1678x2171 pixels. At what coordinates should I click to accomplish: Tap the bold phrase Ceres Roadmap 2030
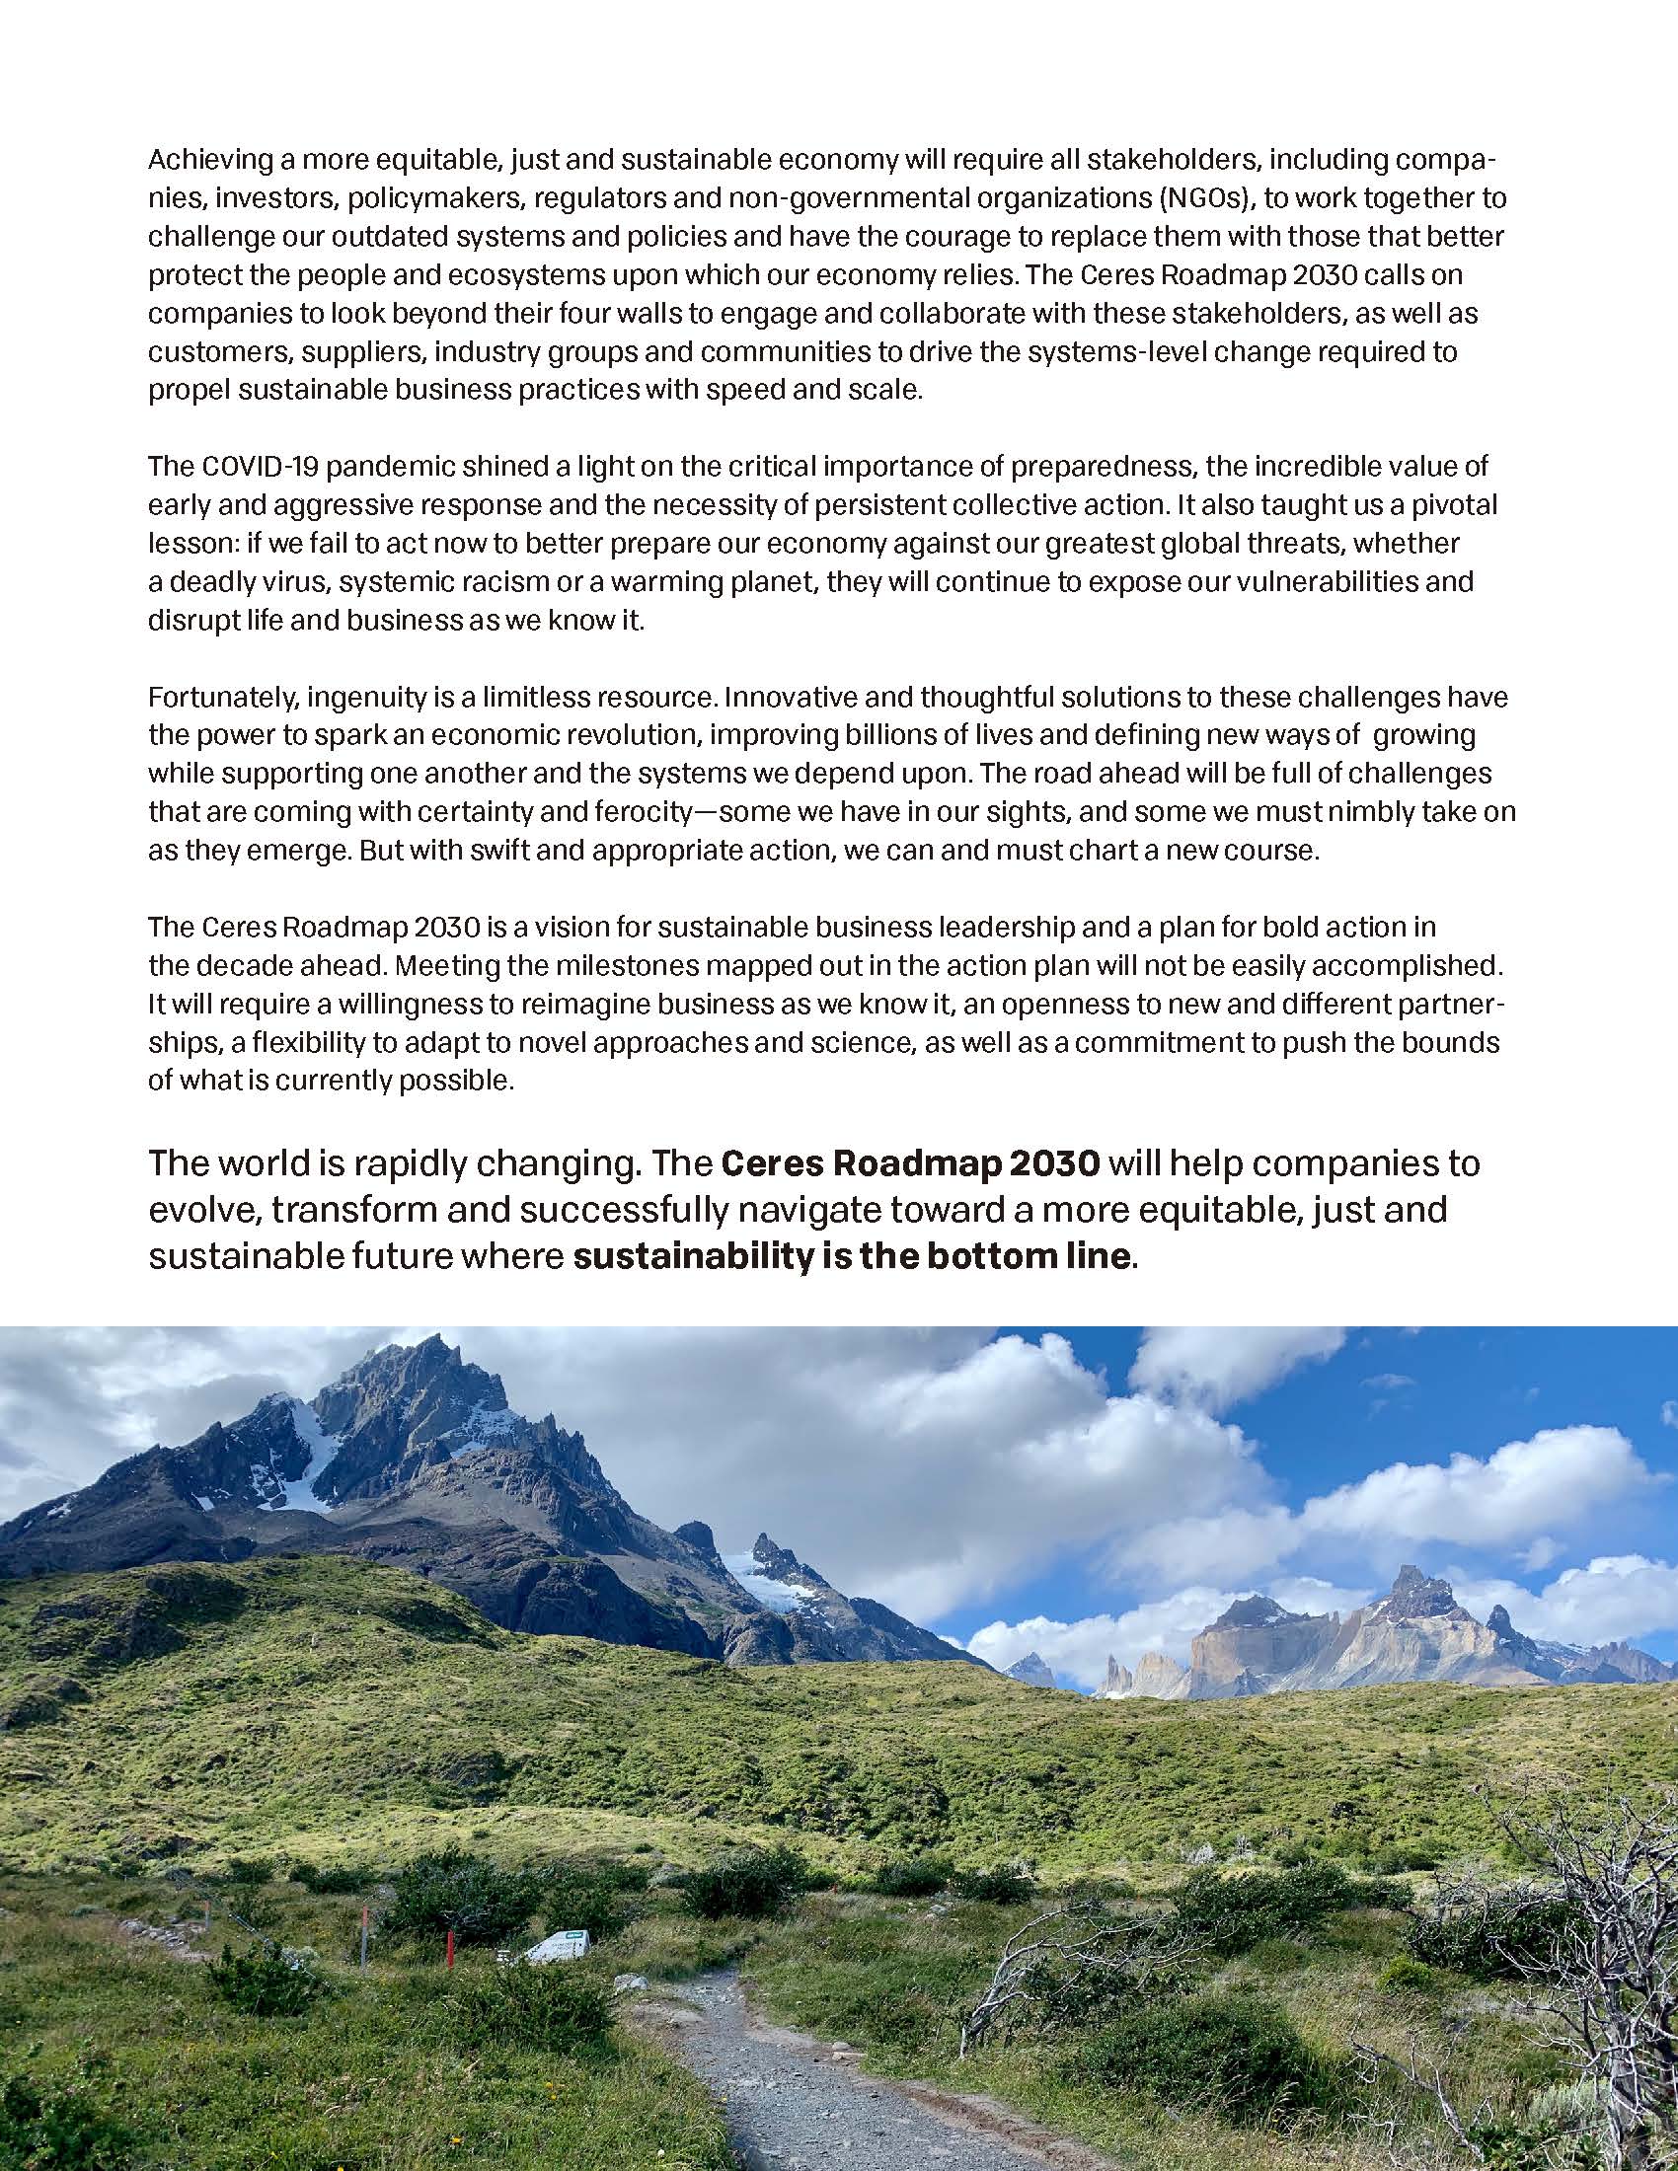click(x=910, y=1163)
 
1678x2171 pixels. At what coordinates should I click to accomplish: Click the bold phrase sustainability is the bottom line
click(x=853, y=1256)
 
